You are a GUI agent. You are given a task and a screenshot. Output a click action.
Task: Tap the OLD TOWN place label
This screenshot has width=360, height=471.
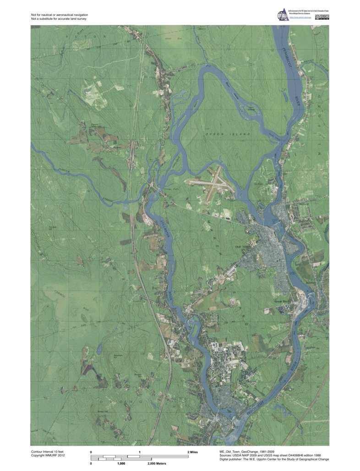click(x=244, y=247)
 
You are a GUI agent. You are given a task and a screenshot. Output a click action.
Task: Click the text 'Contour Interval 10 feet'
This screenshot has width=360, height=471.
click(x=50, y=451)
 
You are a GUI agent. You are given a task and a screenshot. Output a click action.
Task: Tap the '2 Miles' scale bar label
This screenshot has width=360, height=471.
click(x=194, y=452)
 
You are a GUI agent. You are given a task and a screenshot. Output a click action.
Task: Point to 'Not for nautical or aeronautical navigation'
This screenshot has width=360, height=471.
click(x=60, y=15)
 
